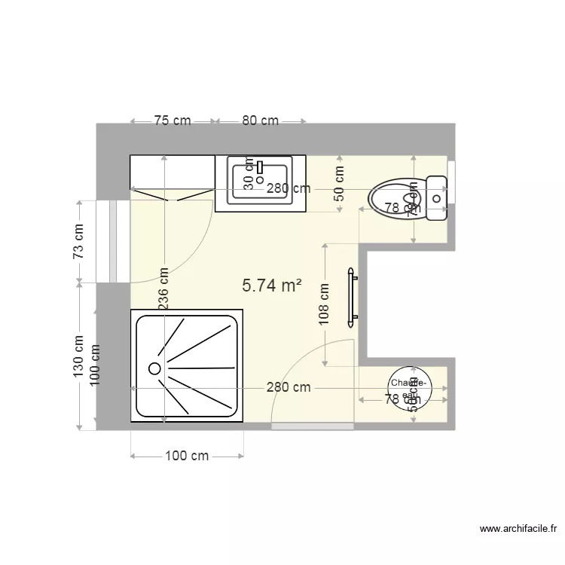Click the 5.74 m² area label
coord(271,286)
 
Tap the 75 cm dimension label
coord(173,121)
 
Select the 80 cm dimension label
coord(260,121)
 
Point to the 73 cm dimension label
coord(78,242)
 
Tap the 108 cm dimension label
coord(324,304)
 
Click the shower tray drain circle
coord(154,368)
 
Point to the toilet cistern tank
coord(437,199)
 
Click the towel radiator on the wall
coord(350,298)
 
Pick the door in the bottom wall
coord(312,426)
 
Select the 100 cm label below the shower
coord(187,456)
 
